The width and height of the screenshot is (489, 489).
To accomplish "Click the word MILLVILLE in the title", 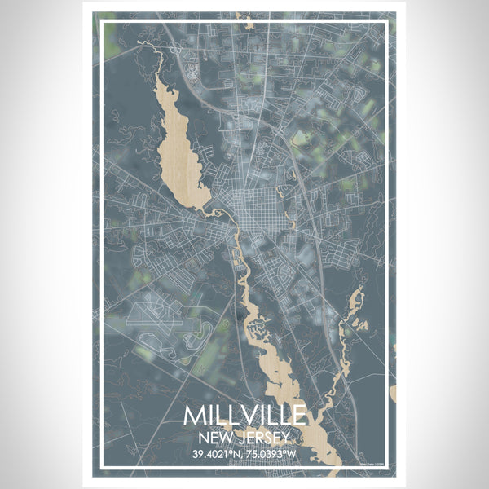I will (244, 415).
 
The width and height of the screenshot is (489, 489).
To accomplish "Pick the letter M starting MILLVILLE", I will (193, 415).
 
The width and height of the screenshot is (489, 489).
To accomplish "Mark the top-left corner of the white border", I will (101, 21).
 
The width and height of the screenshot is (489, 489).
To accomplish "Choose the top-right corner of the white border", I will (388, 21).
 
